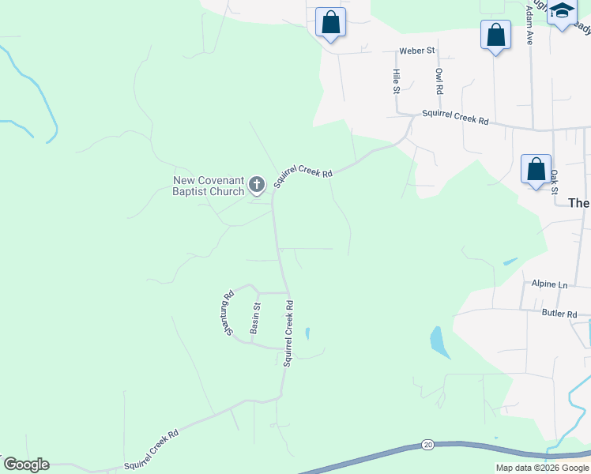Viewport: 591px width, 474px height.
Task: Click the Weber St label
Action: click(417, 51)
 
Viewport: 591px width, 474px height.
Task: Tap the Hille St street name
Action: click(397, 81)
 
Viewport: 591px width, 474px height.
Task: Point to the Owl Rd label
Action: click(439, 81)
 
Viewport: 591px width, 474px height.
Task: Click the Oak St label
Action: click(554, 182)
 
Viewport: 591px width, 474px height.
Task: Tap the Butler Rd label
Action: click(560, 314)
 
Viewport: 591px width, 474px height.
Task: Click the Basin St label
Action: click(255, 318)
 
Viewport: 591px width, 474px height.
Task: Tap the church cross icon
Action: click(257, 186)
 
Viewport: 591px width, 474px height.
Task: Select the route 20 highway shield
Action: click(427, 445)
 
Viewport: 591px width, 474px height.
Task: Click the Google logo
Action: click(26, 465)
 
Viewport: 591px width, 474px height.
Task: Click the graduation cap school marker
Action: click(563, 12)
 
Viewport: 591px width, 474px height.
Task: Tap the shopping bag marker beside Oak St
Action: click(536, 169)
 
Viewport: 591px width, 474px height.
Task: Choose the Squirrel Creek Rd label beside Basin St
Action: click(289, 333)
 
